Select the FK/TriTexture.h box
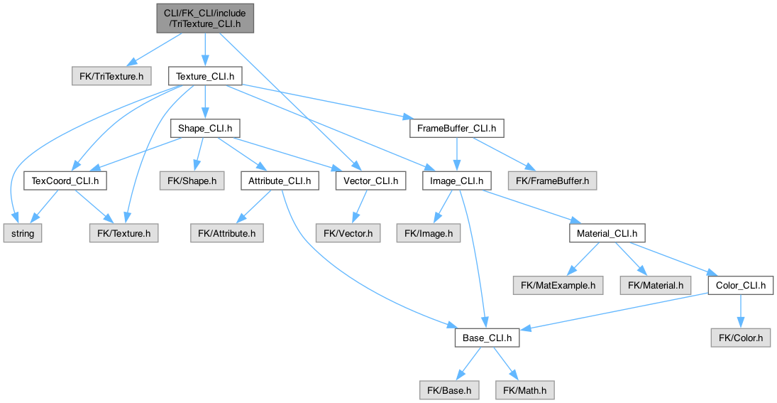[x=111, y=75]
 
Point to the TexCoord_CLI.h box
[x=65, y=181]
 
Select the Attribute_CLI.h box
[x=280, y=181]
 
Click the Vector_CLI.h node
[x=370, y=181]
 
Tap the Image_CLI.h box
[x=456, y=181]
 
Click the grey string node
[x=23, y=232]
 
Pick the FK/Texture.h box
[x=123, y=232]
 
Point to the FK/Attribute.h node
[x=227, y=232]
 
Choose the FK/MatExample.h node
[x=558, y=286]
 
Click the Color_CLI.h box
[x=739, y=286]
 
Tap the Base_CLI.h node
[x=487, y=338]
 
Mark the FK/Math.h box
[x=526, y=390]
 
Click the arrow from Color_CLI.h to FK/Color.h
[x=739, y=311]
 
